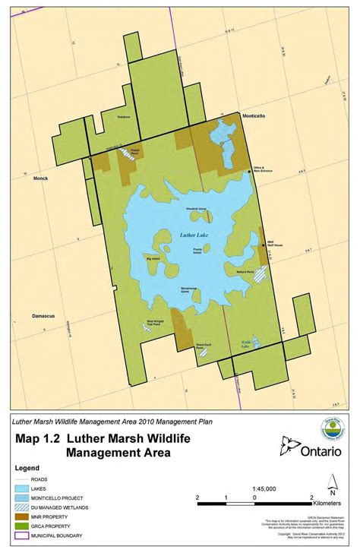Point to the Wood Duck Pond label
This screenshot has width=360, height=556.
tap(204, 346)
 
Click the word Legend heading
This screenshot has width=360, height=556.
tap(26, 468)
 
